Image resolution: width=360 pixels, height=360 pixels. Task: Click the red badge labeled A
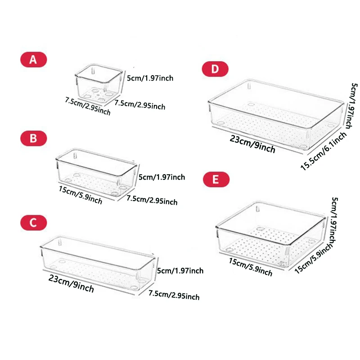(33, 59)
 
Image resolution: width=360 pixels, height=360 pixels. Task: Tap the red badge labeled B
(33, 138)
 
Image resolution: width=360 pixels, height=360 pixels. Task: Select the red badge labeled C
(33, 222)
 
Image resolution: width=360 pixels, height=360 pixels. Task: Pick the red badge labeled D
(215, 69)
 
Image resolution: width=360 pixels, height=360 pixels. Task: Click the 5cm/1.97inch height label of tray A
(150, 78)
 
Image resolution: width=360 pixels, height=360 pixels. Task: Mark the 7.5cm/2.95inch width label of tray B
(152, 200)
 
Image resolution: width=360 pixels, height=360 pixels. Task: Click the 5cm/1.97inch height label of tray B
(162, 177)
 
